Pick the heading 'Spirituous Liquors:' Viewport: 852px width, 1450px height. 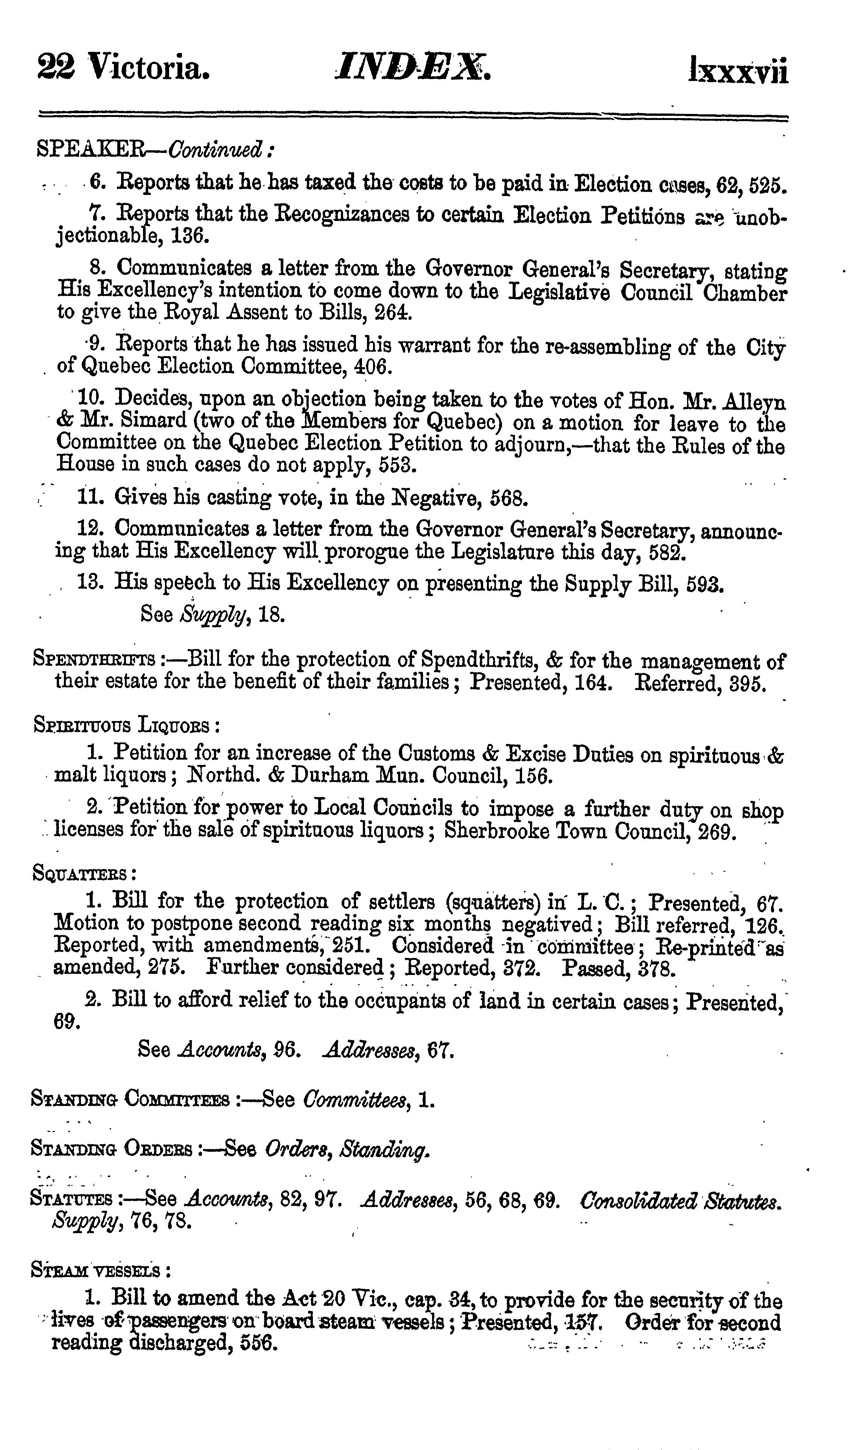click(x=127, y=725)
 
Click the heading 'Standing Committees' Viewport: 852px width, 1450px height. click(x=129, y=1101)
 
